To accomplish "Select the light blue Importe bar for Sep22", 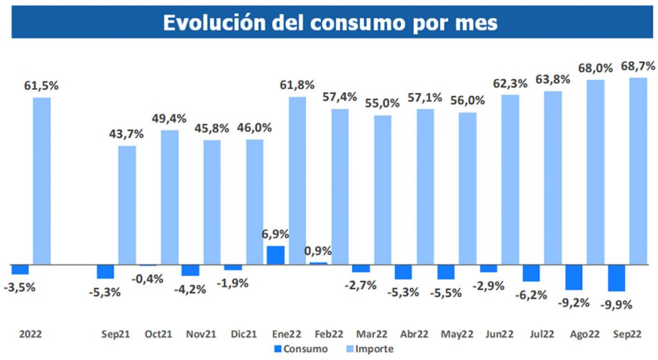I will tap(637, 170).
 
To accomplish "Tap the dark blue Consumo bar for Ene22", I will tap(276, 255).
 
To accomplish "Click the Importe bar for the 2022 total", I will tap(42, 181).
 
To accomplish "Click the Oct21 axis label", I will tap(157, 334).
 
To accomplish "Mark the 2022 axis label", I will tap(30, 334).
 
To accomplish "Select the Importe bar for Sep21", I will tap(127, 205).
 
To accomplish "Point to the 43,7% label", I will tap(126, 134).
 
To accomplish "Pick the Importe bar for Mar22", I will tap(382, 190).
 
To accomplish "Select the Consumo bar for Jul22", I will tap(531, 273).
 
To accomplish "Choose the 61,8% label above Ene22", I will tap(296, 84).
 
